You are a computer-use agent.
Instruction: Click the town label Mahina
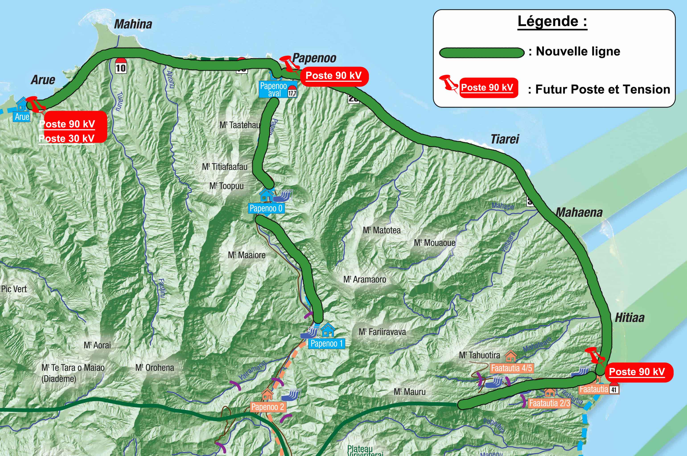(133, 24)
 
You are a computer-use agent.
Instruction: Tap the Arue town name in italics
(43, 80)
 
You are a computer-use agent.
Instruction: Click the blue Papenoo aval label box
(274, 90)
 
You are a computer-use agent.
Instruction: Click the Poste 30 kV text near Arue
(67, 138)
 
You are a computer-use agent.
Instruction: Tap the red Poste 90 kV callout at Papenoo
(334, 76)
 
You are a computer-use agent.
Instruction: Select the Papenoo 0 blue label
(266, 208)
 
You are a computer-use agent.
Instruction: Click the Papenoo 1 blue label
(327, 344)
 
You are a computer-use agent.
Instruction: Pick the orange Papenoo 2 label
(268, 407)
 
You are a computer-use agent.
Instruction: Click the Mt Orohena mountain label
(155, 368)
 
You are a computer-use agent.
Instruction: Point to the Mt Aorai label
(97, 345)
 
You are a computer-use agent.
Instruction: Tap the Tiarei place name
(505, 139)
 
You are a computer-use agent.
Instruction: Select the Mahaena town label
(579, 213)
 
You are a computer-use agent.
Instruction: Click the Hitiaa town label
(629, 318)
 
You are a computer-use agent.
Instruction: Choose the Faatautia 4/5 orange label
(511, 368)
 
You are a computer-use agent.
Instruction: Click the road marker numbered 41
(614, 389)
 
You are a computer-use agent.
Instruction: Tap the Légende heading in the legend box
(552, 21)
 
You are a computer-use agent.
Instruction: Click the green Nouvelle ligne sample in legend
(481, 53)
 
